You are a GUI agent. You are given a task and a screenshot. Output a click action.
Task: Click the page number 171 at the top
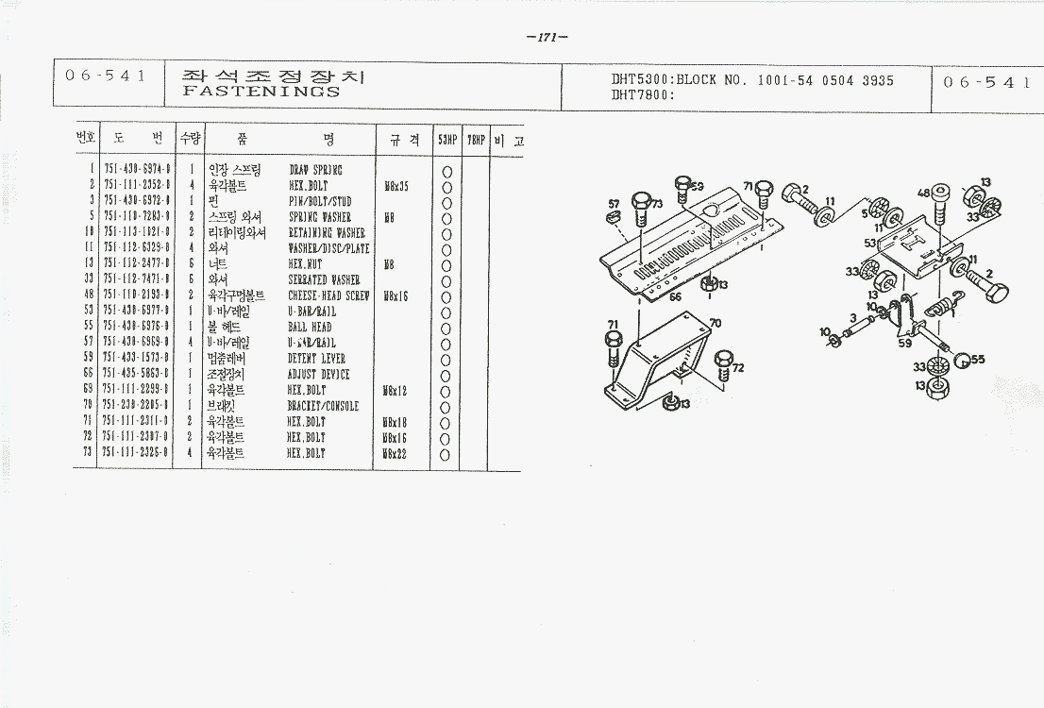547,38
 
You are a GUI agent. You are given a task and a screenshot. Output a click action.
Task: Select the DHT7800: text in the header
641,95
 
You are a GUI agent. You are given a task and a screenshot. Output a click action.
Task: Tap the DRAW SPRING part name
315,170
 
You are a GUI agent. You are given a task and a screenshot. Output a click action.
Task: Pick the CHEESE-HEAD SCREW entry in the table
328,295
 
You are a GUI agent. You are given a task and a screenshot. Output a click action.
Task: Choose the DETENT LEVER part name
316,359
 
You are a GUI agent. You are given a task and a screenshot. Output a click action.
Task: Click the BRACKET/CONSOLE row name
323,406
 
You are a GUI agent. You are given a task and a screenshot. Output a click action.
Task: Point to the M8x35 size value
396,186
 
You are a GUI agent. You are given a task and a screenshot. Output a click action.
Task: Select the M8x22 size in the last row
396,454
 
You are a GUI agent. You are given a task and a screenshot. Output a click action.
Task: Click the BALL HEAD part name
310,328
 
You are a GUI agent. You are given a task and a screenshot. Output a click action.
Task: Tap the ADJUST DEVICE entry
318,375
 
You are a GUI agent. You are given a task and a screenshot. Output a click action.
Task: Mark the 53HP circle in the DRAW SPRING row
446,171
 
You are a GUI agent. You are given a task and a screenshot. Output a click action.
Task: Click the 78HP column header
477,139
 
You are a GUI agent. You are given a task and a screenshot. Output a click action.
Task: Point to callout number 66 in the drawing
675,296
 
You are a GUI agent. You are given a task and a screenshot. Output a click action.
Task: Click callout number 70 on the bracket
715,323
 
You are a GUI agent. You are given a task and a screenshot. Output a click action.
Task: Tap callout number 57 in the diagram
614,204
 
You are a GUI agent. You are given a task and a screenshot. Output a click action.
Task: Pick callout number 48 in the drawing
923,194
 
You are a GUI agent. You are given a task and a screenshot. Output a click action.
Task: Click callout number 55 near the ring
978,360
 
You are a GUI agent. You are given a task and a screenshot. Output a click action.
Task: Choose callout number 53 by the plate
869,244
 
